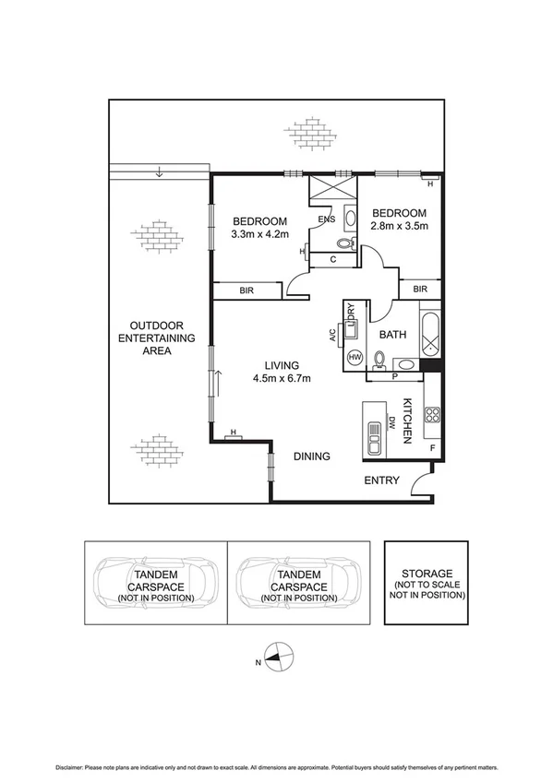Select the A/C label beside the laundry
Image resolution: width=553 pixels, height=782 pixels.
click(332, 335)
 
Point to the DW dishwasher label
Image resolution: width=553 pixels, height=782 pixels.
click(391, 425)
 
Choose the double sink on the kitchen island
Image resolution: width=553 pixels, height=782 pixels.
click(374, 438)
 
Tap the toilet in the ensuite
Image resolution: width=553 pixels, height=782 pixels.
click(345, 244)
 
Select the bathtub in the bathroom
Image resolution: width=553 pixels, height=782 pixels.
click(431, 336)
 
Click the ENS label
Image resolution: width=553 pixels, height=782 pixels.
click(326, 219)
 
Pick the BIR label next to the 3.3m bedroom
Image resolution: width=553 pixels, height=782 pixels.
click(246, 290)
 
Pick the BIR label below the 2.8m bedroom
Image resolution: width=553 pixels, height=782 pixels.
click(420, 290)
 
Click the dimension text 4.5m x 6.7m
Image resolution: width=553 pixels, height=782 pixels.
click(282, 378)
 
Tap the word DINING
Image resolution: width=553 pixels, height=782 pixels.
click(312, 456)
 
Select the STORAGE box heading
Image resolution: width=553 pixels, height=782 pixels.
click(427, 560)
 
